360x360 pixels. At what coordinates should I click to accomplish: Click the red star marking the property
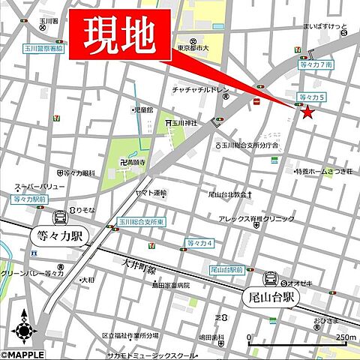(x=307, y=112)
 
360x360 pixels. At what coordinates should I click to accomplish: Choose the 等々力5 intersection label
(x=313, y=97)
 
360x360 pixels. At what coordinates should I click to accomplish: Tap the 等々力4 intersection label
(x=200, y=243)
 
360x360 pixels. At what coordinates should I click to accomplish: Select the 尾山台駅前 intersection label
(x=226, y=268)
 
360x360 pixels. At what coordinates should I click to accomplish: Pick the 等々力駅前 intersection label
(x=29, y=199)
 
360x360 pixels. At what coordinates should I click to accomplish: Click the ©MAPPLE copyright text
(x=22, y=354)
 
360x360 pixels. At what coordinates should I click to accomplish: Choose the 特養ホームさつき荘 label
(x=322, y=171)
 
